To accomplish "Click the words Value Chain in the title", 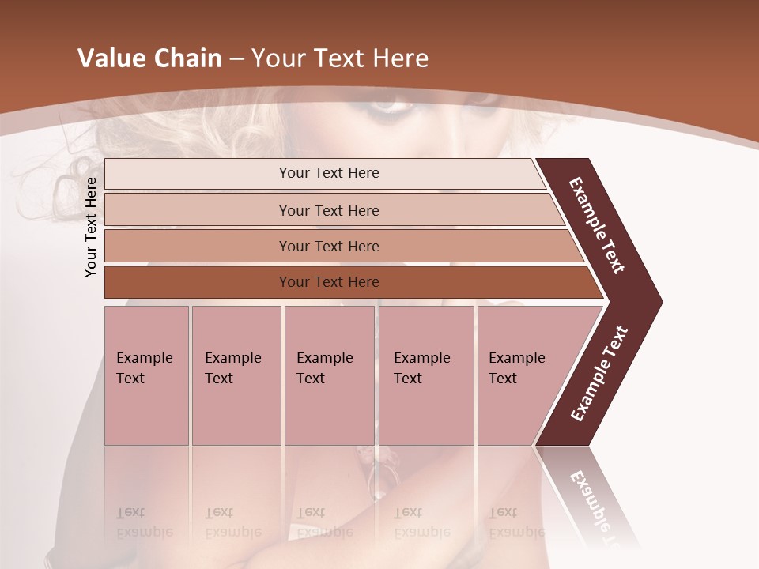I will point(149,58).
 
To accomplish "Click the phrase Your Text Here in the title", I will point(340,58).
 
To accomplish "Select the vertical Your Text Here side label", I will point(91,227).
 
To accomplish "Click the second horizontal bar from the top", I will point(329,210).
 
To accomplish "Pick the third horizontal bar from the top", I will point(329,246).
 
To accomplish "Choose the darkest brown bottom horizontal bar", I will point(329,282).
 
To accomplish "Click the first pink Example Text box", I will point(146,375).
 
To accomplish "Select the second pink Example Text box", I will point(236,375).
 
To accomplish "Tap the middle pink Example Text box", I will point(329,375).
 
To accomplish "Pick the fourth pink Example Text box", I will point(425,375).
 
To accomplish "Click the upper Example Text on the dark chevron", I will point(598,225).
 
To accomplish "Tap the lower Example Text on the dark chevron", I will point(599,374).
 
